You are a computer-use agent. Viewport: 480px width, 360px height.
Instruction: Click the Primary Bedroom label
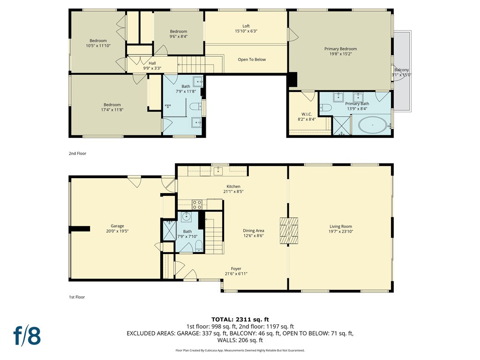click(x=340, y=49)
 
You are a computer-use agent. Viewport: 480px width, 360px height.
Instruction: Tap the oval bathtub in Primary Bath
click(x=372, y=125)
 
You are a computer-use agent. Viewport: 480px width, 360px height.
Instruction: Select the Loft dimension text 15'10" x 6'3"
click(x=246, y=31)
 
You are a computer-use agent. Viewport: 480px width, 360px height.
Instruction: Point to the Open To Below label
click(x=252, y=60)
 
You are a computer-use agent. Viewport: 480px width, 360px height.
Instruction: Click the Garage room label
click(x=117, y=226)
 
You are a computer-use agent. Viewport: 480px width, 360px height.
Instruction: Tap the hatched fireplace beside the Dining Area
click(x=289, y=231)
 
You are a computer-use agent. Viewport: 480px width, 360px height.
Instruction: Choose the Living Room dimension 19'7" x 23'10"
click(x=340, y=232)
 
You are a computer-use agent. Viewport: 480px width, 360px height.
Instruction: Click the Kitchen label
click(x=233, y=187)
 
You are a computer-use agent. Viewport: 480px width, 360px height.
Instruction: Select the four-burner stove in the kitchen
click(x=197, y=204)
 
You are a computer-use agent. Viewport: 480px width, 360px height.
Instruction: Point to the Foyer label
click(x=236, y=269)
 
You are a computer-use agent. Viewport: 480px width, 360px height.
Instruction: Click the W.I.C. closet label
click(x=307, y=114)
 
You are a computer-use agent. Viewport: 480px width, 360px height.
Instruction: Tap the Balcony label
click(x=401, y=70)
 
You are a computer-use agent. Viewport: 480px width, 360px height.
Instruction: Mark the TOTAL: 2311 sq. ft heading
click(x=240, y=320)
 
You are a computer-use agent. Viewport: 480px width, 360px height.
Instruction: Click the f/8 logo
click(x=27, y=336)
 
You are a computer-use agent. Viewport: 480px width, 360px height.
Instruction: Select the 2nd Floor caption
click(x=77, y=153)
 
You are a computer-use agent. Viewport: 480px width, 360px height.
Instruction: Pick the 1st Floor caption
click(x=77, y=297)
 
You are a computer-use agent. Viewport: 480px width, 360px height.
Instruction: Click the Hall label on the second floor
click(x=152, y=63)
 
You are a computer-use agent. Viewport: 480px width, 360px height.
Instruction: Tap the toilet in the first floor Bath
click(x=199, y=246)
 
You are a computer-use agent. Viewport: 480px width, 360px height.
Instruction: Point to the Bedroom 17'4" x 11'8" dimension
click(x=112, y=110)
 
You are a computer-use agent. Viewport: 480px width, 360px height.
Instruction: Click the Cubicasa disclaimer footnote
click(x=240, y=350)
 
